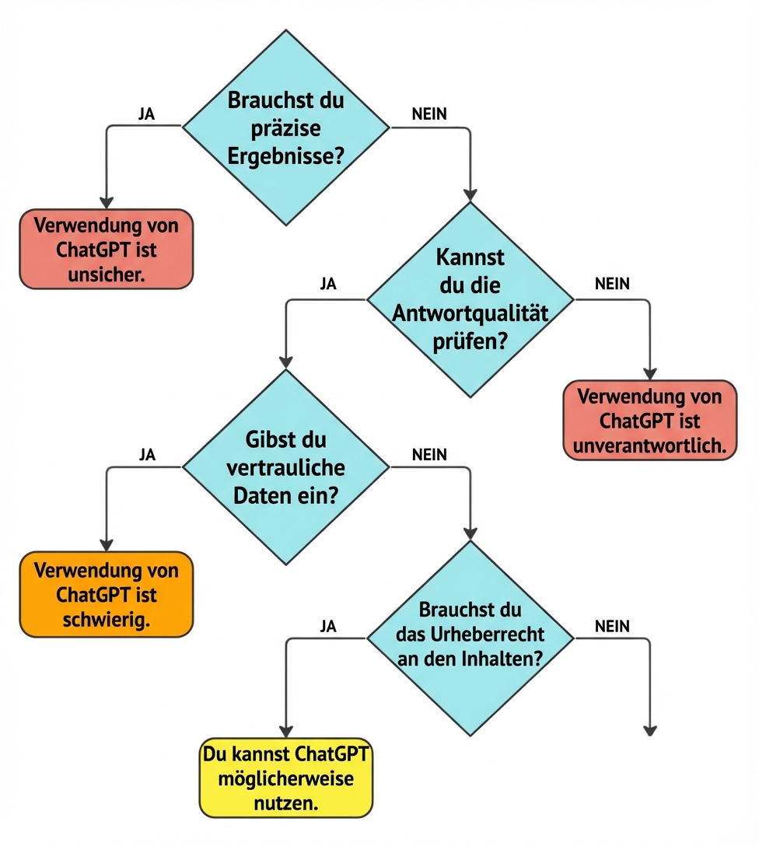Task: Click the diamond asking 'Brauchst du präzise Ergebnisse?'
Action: pyautogui.click(x=285, y=128)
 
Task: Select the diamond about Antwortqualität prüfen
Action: pyautogui.click(x=470, y=299)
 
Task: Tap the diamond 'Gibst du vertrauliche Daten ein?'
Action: pyautogui.click(x=285, y=467)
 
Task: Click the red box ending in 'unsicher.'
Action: pyautogui.click(x=106, y=249)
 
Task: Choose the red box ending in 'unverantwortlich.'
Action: pyautogui.click(x=649, y=421)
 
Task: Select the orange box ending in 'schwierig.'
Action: pyautogui.click(x=106, y=595)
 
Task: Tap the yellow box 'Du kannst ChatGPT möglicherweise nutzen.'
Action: pyautogui.click(x=286, y=779)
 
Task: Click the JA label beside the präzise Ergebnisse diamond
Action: pyautogui.click(x=146, y=114)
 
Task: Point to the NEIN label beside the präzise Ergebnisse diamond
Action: pyautogui.click(x=429, y=114)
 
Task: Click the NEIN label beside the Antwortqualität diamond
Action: pyautogui.click(x=612, y=284)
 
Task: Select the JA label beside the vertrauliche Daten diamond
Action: pyautogui.click(x=146, y=455)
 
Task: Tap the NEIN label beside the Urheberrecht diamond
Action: pyautogui.click(x=612, y=625)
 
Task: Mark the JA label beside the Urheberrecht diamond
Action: pyautogui.click(x=328, y=626)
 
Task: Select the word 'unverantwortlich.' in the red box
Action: pyautogui.click(x=649, y=445)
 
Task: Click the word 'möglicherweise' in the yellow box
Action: pyautogui.click(x=286, y=779)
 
